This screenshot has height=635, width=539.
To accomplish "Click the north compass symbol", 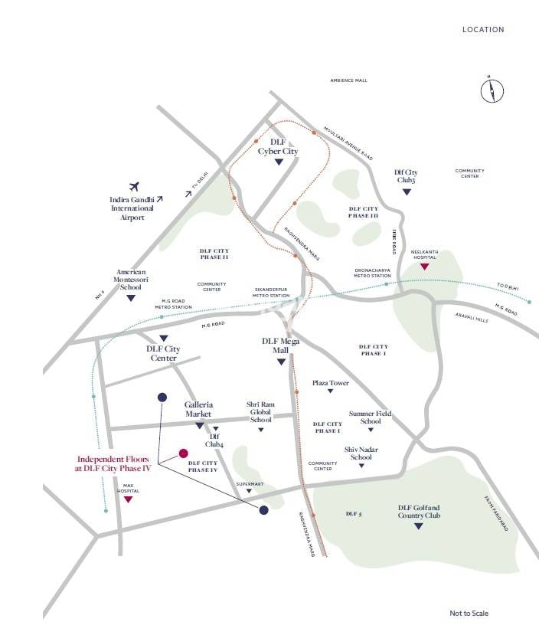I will [x=492, y=90].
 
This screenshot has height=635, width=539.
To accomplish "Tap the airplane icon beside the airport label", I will [x=136, y=186].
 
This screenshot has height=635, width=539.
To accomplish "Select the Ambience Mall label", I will [x=348, y=80].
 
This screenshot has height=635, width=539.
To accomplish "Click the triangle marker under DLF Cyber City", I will [x=277, y=162].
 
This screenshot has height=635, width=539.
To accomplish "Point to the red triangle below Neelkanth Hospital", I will [x=423, y=267].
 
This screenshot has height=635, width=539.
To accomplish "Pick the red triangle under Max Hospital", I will [x=129, y=499].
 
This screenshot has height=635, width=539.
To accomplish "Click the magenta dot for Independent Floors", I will [x=184, y=453].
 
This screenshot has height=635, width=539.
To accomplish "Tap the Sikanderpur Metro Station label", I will [x=272, y=293].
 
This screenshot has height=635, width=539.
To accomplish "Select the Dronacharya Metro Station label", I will [x=373, y=273].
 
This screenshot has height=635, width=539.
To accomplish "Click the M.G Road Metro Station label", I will [x=173, y=304].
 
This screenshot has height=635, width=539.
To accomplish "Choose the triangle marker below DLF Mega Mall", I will [x=281, y=362].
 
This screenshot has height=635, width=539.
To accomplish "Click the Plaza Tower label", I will [x=330, y=383].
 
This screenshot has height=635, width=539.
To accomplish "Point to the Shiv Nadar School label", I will [x=361, y=453].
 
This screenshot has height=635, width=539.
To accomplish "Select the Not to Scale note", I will [x=469, y=613].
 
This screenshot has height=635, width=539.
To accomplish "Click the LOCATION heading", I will [x=483, y=30].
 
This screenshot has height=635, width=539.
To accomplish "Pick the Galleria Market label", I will [x=198, y=409].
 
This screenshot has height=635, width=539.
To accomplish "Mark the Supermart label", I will [x=250, y=484].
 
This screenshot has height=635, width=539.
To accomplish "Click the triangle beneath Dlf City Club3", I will [x=407, y=191].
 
